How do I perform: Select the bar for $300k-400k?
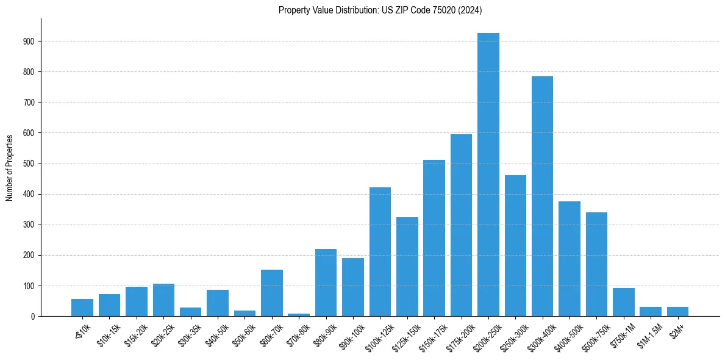[x=542, y=196]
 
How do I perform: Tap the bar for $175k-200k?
[x=461, y=225]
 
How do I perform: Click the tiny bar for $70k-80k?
[x=299, y=315]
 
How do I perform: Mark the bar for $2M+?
[x=677, y=312]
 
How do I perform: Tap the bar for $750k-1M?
[x=624, y=302]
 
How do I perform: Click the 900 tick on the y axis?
[x=29, y=41]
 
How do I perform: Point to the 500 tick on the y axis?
[x=29, y=164]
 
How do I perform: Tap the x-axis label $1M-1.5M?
[x=648, y=335]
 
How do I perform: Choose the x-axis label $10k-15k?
[x=106, y=334]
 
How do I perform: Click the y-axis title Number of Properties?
[x=10, y=168]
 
